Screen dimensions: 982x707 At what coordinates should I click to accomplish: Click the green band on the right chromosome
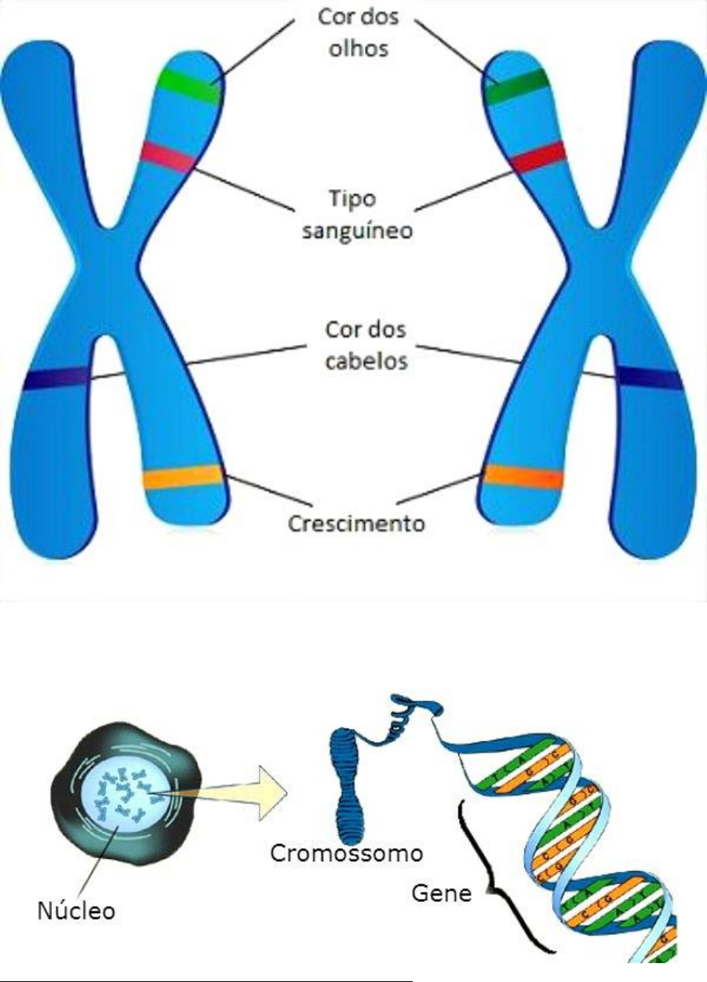[x=517, y=85]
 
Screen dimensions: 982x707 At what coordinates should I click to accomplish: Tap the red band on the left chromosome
[x=168, y=156]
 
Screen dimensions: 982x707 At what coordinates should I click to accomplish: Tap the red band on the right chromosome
[x=538, y=156]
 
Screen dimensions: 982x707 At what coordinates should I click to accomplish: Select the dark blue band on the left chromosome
[x=56, y=379]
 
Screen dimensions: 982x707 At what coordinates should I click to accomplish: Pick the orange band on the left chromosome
[x=182, y=477]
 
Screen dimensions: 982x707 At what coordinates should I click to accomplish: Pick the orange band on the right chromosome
[x=523, y=477]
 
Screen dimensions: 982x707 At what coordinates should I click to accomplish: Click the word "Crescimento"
[x=356, y=522]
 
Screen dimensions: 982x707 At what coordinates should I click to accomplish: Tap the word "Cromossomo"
[x=346, y=853]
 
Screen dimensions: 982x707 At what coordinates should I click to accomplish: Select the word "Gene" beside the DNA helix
[x=442, y=893]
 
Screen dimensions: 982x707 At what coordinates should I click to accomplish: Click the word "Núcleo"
[x=76, y=911]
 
